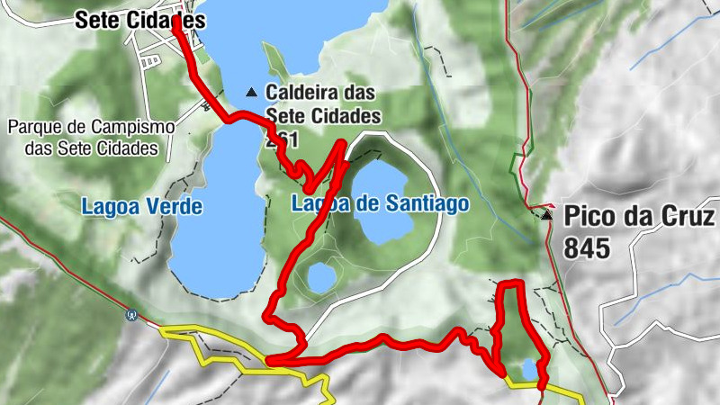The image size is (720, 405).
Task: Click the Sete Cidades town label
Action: click(x=139, y=19)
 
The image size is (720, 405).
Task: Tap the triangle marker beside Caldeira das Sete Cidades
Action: click(x=252, y=92)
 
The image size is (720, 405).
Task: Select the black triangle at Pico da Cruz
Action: click(x=547, y=216)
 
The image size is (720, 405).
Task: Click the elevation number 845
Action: click(x=588, y=248)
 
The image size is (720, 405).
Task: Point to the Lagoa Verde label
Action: click(x=141, y=206)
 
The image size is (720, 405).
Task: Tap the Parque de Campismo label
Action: click(x=89, y=127)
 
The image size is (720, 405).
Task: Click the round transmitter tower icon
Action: click(x=132, y=315)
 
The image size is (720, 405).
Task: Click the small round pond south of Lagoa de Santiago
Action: click(x=320, y=277)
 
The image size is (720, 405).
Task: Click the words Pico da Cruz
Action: click(x=639, y=217)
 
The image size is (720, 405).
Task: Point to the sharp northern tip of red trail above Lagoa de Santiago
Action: click(x=342, y=143)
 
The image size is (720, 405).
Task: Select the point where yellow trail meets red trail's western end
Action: click(x=267, y=363)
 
